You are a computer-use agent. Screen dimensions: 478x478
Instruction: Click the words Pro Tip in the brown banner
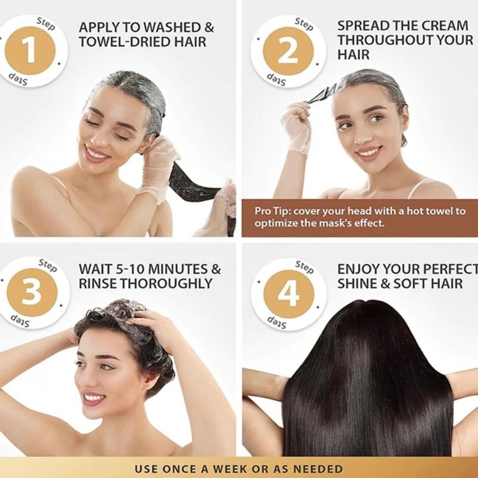coord(270,212)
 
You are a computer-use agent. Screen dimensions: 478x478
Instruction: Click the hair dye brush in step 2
coord(321,94)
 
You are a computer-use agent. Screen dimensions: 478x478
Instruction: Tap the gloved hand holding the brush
coord(296,127)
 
